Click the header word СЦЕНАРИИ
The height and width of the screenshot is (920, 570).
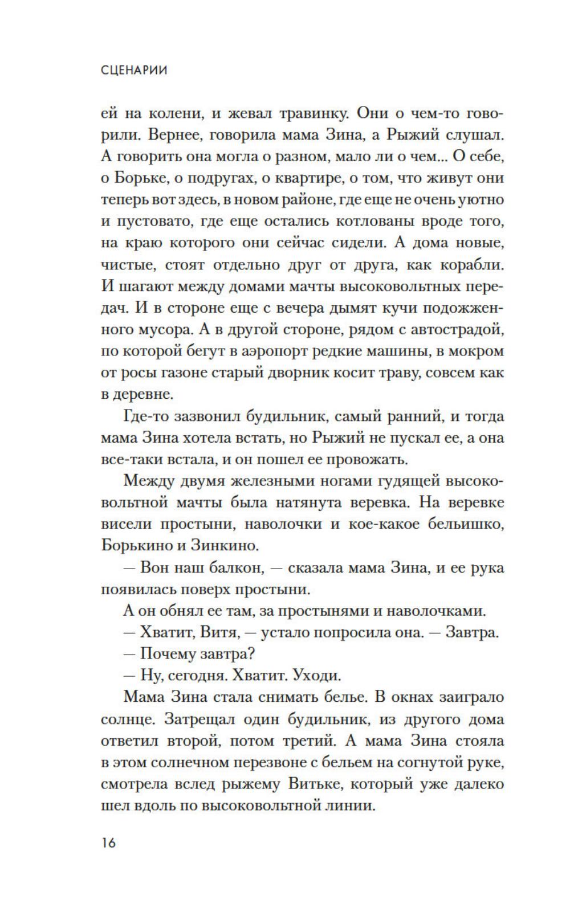pos(133,70)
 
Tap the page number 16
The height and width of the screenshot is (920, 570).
pos(108,842)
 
